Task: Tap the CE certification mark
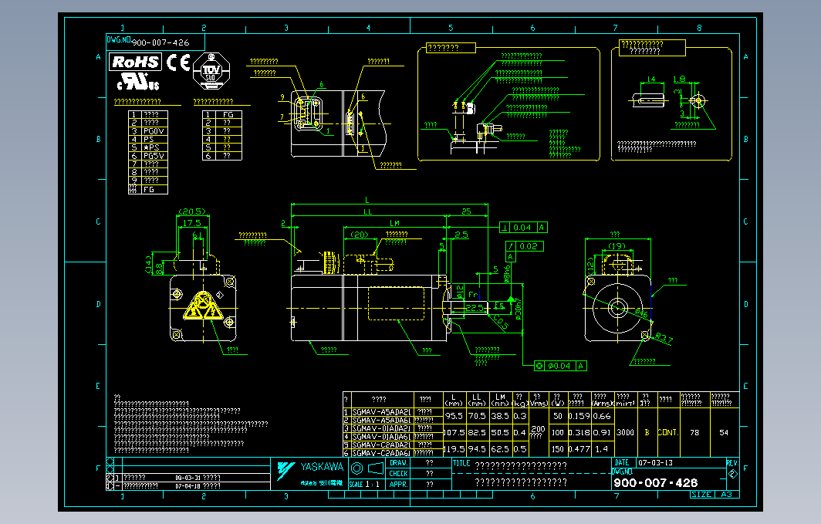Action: pos(178,63)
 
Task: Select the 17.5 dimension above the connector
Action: pos(192,223)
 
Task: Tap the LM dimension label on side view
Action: pos(395,222)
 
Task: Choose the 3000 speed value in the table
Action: pos(626,433)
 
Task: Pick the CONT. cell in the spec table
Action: pos(667,433)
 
